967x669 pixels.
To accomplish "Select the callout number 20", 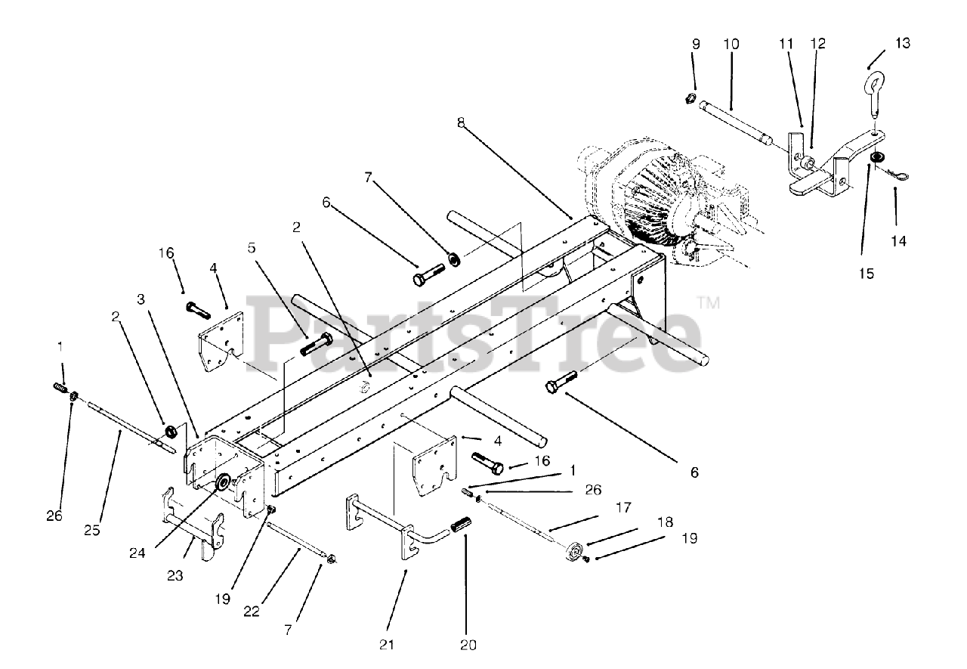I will pos(468,645).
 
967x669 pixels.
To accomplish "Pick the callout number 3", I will pos(141,299).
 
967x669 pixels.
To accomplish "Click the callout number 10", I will pos(731,44).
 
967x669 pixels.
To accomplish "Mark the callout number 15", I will pos(866,274).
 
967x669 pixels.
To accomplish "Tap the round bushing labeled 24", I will pos(224,482).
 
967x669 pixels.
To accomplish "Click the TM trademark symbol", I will pos(709,305).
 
